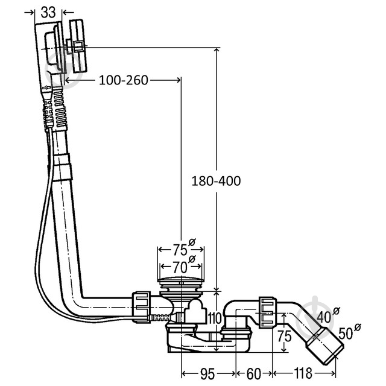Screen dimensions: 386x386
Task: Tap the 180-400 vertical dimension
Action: point(216,180)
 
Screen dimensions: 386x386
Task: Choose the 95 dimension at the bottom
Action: point(208,374)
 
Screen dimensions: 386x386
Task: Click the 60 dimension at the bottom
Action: point(253,374)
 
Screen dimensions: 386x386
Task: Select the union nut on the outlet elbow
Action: point(267,308)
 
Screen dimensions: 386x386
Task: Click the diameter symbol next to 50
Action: point(358,327)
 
